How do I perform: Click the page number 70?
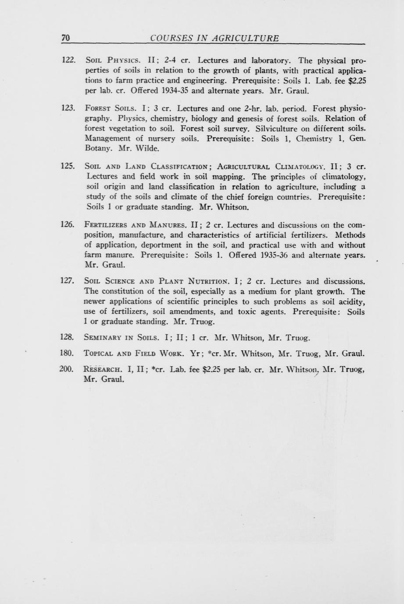click(65, 38)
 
